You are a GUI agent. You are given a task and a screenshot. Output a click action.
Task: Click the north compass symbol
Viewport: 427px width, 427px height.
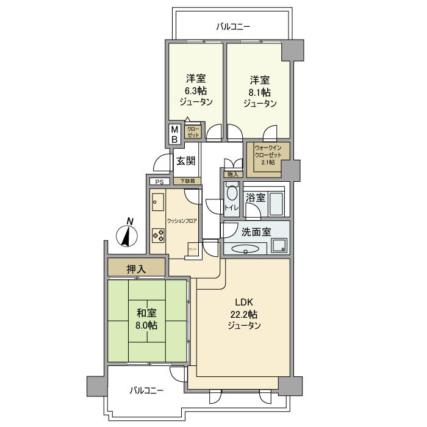pos(127,234)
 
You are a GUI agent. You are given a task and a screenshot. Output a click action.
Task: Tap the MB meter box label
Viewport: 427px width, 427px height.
pos(174,134)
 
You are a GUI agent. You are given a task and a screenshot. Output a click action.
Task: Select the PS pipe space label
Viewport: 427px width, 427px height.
pos(160,182)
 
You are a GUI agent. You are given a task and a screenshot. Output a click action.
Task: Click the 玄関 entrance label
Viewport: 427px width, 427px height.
pos(185,161)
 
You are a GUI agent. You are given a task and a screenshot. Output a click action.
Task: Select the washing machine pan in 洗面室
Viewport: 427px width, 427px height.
pos(279,245)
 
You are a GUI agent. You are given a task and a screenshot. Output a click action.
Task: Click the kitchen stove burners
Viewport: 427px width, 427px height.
pos(158,235)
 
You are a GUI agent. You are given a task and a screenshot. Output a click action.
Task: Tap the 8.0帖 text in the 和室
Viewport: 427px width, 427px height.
pos(147,325)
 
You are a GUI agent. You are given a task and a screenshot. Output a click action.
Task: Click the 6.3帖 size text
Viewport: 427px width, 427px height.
pos(196,91)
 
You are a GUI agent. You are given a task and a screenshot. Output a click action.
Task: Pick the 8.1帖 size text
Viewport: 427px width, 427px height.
pos(260,91)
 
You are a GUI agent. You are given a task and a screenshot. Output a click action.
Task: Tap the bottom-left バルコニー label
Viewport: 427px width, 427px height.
pos(146,390)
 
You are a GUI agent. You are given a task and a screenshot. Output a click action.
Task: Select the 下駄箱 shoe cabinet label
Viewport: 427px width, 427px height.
pos(187,181)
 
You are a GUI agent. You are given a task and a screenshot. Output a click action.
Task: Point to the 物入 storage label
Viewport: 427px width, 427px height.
pos(232,175)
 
